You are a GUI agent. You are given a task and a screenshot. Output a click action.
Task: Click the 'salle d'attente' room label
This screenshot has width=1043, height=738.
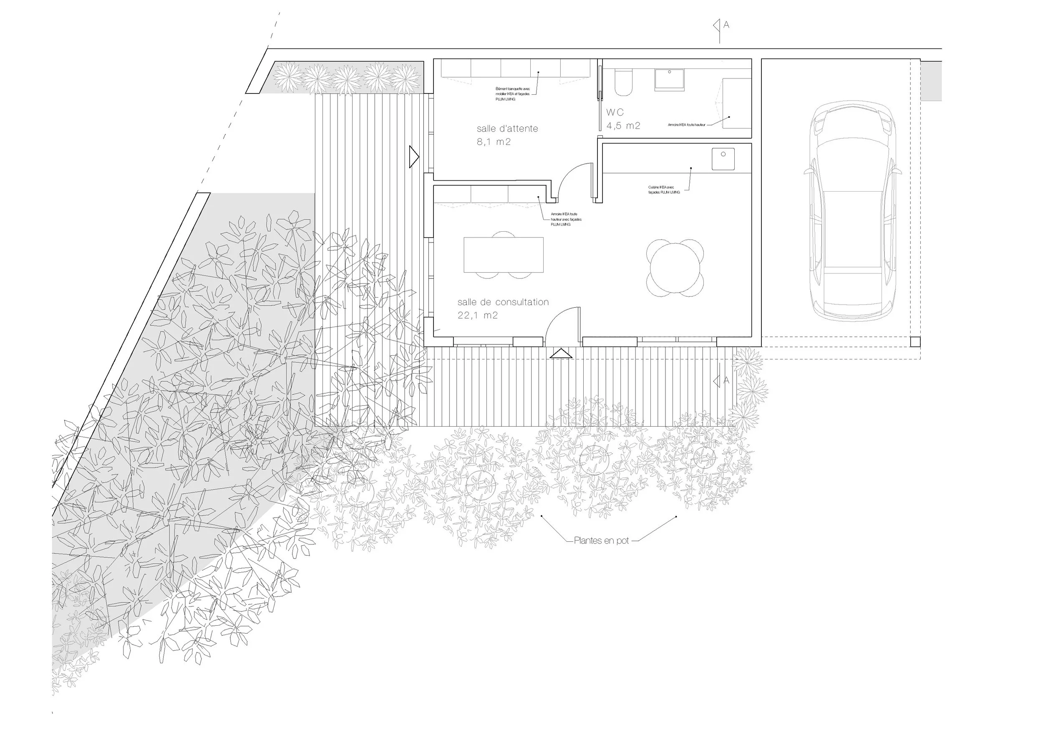(x=507, y=129)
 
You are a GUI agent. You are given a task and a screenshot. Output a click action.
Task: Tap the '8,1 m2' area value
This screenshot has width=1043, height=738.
(x=493, y=142)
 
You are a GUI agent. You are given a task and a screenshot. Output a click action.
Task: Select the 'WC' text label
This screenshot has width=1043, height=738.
(x=615, y=112)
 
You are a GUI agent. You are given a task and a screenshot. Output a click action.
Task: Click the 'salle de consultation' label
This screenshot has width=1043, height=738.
(x=503, y=302)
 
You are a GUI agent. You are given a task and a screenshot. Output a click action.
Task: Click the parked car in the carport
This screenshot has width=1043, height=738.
(x=853, y=211)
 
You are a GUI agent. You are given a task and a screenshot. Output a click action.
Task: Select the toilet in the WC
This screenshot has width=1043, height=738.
(x=622, y=82)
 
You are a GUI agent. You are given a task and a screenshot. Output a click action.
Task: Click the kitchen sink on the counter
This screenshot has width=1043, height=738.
(x=723, y=159)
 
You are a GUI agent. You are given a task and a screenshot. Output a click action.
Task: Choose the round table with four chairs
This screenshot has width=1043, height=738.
(x=675, y=268)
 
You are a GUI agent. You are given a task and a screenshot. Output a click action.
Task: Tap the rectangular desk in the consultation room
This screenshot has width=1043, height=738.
(x=503, y=255)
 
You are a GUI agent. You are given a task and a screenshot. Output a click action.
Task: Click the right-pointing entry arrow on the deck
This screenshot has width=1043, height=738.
(x=413, y=157)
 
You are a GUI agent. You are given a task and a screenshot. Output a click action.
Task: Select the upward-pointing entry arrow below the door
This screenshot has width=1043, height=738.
(x=561, y=353)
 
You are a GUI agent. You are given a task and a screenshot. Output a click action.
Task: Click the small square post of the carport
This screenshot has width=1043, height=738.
(x=915, y=342)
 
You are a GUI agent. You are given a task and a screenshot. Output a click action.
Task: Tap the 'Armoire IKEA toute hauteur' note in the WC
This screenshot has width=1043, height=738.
(x=686, y=124)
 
